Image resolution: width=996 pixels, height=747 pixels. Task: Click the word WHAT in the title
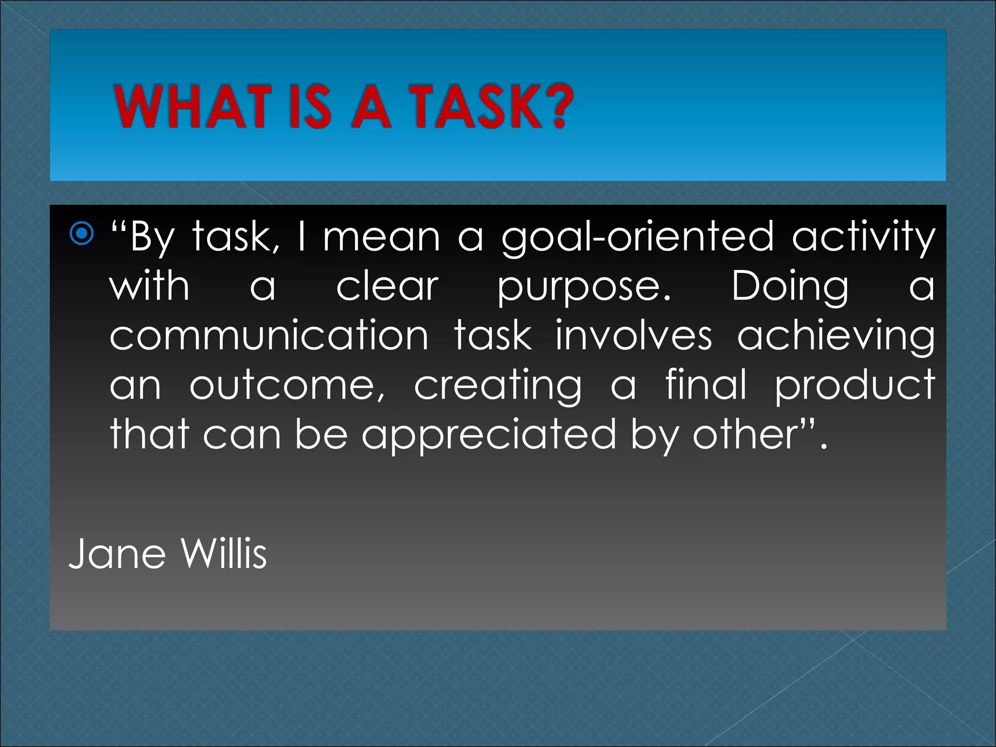pos(193,107)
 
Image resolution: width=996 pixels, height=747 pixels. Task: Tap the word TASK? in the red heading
pos(491,107)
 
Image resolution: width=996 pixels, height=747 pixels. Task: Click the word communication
pos(269,336)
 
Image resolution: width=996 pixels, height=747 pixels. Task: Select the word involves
pos(633,336)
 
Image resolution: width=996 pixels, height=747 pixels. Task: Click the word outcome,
pos(288,385)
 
